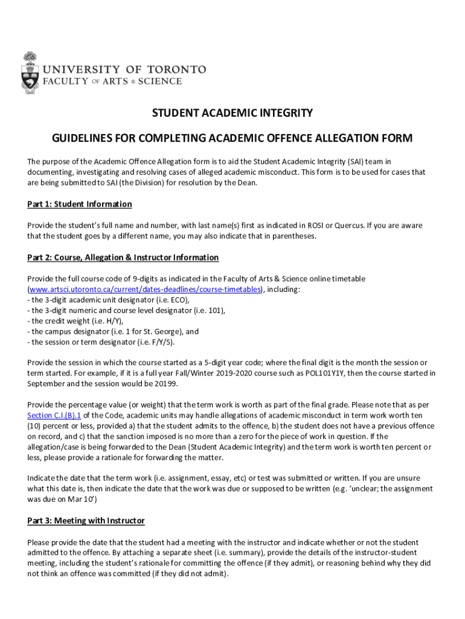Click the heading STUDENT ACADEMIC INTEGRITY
pyautogui.click(x=232, y=113)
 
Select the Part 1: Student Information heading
pyautogui.click(x=79, y=204)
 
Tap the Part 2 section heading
pyautogui.click(x=123, y=258)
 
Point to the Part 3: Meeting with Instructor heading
pyautogui.click(x=86, y=520)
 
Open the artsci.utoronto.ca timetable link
pyautogui.click(x=145, y=289)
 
